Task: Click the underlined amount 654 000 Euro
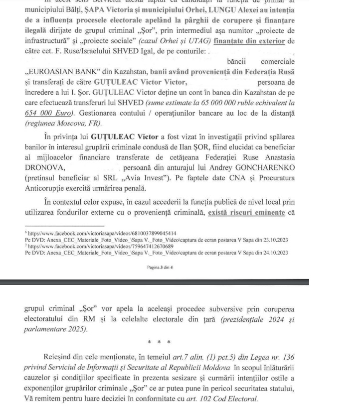pos(48,113)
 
